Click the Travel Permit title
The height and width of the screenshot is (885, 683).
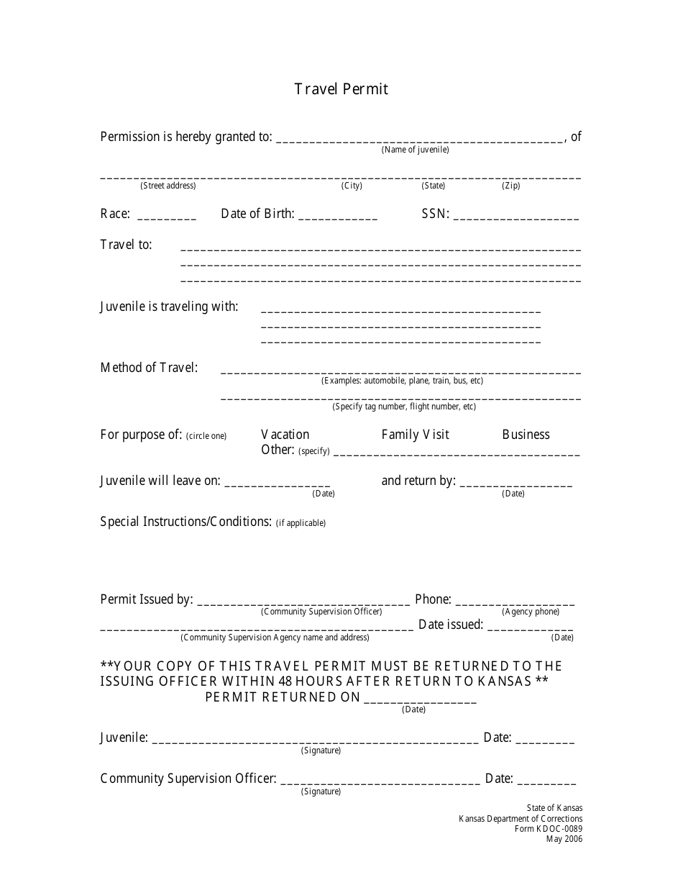click(x=341, y=89)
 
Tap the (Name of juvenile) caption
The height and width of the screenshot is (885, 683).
click(x=415, y=150)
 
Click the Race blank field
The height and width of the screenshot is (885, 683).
click(x=166, y=216)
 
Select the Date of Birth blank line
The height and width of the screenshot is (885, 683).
click(x=337, y=216)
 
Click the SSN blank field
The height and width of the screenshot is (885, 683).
click(x=516, y=216)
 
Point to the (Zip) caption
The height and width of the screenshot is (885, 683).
click(x=510, y=186)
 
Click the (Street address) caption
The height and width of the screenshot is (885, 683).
click(x=168, y=186)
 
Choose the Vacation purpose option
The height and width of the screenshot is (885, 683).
click(x=285, y=435)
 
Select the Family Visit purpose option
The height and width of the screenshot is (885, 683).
click(x=415, y=435)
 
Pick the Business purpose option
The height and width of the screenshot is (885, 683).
click(x=526, y=435)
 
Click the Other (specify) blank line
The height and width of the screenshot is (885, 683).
click(x=457, y=453)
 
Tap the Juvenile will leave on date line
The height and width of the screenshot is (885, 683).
click(x=278, y=484)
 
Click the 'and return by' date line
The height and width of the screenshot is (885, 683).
click(x=515, y=484)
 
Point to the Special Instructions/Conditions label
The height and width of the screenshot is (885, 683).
click(x=185, y=522)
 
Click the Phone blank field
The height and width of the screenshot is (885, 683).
click(x=515, y=602)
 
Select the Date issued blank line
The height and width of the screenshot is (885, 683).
click(x=530, y=627)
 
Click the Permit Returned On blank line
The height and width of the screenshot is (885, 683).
click(x=420, y=700)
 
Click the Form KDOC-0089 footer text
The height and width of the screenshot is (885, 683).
click(x=549, y=829)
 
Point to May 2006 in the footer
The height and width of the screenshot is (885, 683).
click(x=564, y=839)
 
